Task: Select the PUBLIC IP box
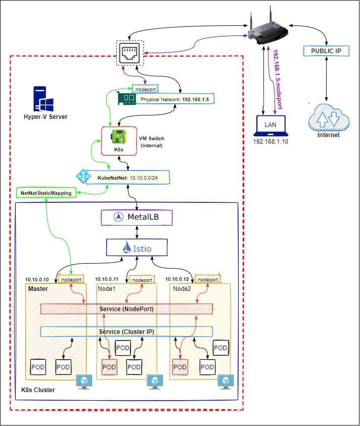pyautogui.click(x=326, y=51)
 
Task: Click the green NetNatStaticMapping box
pyautogui.click(x=46, y=193)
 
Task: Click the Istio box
pyautogui.click(x=137, y=247)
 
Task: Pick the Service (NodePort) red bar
pyautogui.click(x=126, y=309)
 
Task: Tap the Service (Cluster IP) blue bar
pyautogui.click(x=126, y=331)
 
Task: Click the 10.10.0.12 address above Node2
pyautogui.click(x=179, y=279)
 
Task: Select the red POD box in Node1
pyautogui.click(x=109, y=366)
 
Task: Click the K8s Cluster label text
pyautogui.click(x=37, y=390)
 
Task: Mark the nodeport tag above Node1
pyautogui.click(x=142, y=279)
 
